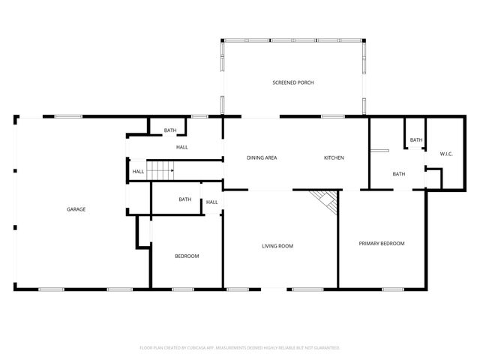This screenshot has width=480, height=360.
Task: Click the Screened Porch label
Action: (x=292, y=82)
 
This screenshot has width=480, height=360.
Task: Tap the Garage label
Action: (x=75, y=209)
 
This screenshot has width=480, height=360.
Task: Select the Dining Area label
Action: (x=262, y=158)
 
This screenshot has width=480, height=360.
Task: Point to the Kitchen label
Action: (x=334, y=158)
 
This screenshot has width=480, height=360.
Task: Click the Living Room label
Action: (x=277, y=246)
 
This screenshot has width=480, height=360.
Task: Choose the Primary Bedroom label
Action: (x=381, y=244)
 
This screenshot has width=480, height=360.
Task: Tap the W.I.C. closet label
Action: (x=445, y=154)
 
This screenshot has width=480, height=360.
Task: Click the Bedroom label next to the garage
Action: (x=187, y=256)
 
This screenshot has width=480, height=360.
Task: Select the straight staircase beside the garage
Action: (x=160, y=171)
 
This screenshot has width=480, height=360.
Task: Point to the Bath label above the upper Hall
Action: (x=170, y=130)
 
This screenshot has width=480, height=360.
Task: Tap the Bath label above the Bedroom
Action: (x=184, y=199)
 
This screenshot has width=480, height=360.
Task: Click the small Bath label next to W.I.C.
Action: (x=415, y=139)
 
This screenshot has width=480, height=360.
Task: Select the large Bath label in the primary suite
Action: (x=398, y=174)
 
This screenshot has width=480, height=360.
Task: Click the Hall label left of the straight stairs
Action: (x=138, y=172)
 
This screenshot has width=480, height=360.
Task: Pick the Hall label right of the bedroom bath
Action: (x=212, y=202)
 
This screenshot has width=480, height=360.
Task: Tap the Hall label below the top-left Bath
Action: (x=181, y=147)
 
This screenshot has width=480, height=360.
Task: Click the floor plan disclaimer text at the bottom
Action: (x=240, y=348)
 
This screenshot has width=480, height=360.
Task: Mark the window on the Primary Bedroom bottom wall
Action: (x=392, y=289)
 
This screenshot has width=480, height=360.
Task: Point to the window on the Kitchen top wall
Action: (x=332, y=116)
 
